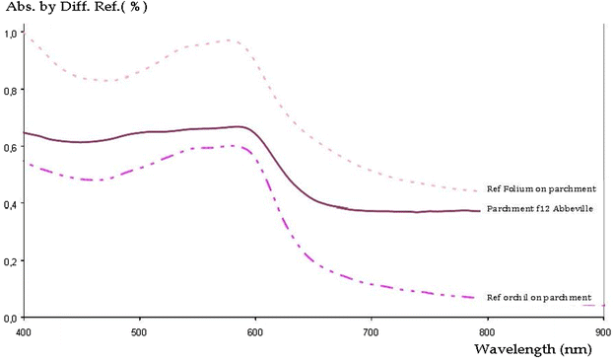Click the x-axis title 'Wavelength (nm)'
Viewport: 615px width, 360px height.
(533, 348)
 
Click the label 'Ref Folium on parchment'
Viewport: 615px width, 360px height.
(539, 189)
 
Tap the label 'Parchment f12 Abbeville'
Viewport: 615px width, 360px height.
(539, 209)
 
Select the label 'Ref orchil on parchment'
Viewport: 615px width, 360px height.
(539, 297)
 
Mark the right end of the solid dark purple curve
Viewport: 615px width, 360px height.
(480, 211)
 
